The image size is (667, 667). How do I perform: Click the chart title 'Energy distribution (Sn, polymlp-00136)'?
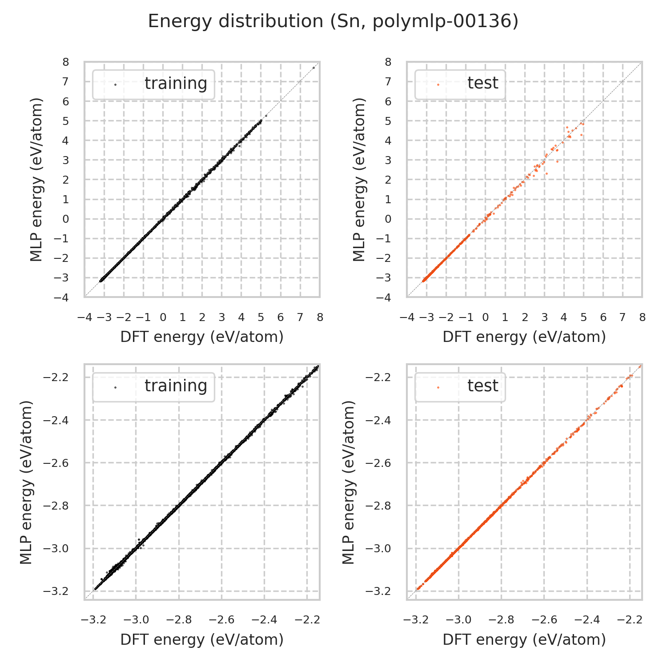click(333, 21)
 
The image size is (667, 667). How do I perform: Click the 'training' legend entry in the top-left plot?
click(176, 84)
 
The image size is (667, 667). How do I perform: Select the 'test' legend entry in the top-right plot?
click(482, 83)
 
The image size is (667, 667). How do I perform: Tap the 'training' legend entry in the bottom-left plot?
click(176, 386)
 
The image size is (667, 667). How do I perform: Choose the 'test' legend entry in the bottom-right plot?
click(482, 386)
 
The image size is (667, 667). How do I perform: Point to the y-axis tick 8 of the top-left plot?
click(66, 62)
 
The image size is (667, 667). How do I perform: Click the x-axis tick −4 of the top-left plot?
click(84, 317)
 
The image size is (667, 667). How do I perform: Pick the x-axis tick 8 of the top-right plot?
click(642, 317)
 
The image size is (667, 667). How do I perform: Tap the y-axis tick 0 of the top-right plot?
click(388, 219)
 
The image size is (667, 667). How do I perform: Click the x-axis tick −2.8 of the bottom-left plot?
click(179, 620)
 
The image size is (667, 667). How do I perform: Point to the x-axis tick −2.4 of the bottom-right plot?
click(587, 620)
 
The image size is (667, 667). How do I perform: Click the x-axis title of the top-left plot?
click(202, 337)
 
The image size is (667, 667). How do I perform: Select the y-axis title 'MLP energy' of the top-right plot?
click(359, 179)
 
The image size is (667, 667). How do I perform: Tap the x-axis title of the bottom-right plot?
click(524, 639)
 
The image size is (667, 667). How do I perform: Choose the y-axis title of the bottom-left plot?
click(27, 482)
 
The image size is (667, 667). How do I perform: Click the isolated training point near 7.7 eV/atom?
click(313, 68)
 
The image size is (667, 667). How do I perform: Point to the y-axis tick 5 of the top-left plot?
click(66, 121)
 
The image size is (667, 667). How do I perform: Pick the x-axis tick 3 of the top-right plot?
click(544, 317)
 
